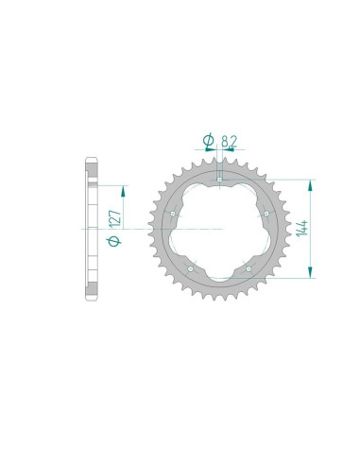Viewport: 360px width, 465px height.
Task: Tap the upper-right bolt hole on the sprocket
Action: [x=268, y=214]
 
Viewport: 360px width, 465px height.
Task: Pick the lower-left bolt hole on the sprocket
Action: [x=191, y=269]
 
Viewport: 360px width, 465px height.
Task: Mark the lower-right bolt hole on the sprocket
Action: [x=249, y=269]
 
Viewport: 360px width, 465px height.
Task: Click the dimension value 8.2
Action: [x=230, y=141]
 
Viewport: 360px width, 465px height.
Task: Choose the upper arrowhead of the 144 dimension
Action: [x=309, y=181]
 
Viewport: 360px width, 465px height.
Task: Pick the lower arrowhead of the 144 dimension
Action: [x=309, y=275]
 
